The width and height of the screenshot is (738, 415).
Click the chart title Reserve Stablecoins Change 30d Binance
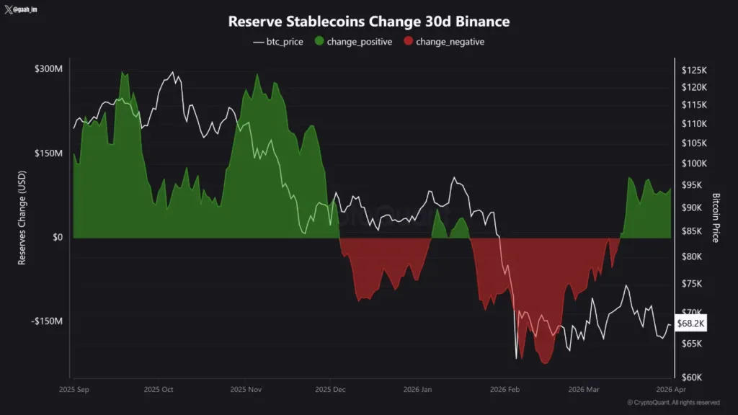(x=368, y=22)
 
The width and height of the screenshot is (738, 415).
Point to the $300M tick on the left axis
(x=48, y=69)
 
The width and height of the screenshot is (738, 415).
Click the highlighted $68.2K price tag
(x=690, y=324)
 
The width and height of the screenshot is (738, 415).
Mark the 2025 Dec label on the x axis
(x=330, y=389)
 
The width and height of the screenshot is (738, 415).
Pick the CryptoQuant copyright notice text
(x=672, y=403)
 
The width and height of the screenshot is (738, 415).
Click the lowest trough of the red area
(x=545, y=362)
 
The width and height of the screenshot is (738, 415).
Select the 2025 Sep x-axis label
(x=74, y=389)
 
